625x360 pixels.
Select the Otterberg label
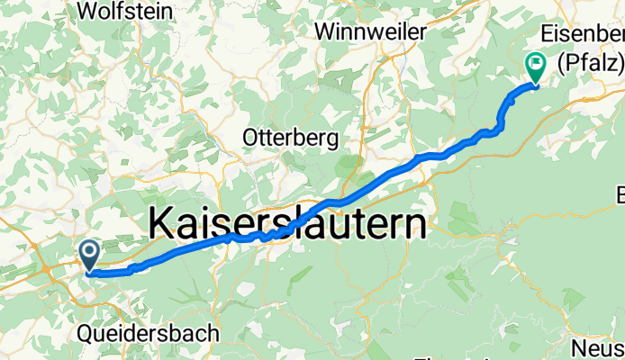(x=291, y=139)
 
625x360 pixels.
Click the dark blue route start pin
(x=90, y=253)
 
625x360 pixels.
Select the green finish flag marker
(x=535, y=66)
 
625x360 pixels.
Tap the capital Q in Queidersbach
(x=86, y=333)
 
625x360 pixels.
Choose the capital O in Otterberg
(x=251, y=139)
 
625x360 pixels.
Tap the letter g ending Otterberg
(x=332, y=140)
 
